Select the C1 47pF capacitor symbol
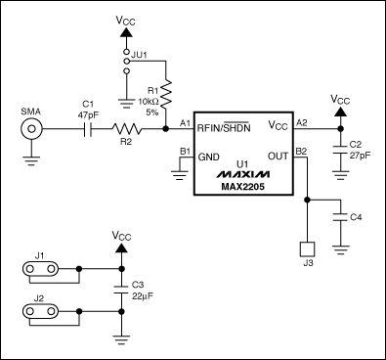(x=88, y=129)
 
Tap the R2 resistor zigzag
(x=127, y=129)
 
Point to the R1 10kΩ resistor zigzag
(x=166, y=94)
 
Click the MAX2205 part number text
(x=243, y=187)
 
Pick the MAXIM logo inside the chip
(x=243, y=174)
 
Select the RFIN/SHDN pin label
(x=224, y=128)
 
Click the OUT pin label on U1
(x=278, y=157)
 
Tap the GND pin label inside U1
(x=208, y=157)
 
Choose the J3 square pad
(x=307, y=249)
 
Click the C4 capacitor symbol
(x=341, y=217)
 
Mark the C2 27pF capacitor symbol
(x=341, y=150)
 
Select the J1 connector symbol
(x=40, y=269)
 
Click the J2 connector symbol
(x=40, y=311)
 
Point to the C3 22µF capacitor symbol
(x=121, y=290)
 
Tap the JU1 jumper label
(x=139, y=55)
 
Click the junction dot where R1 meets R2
(x=166, y=129)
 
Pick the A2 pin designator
(x=302, y=122)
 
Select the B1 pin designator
(x=185, y=152)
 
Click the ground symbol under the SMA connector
(x=31, y=161)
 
